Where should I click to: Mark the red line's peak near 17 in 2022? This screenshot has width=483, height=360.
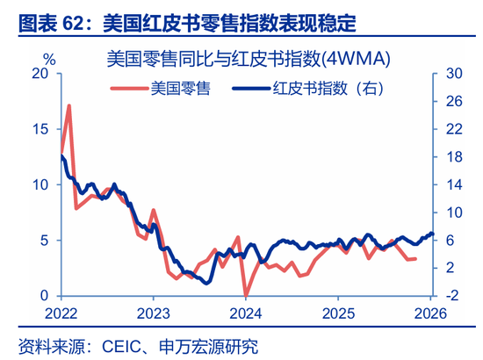(68, 106)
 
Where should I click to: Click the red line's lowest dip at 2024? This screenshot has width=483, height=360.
(247, 294)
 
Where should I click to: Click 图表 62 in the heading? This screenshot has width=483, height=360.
(42, 17)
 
